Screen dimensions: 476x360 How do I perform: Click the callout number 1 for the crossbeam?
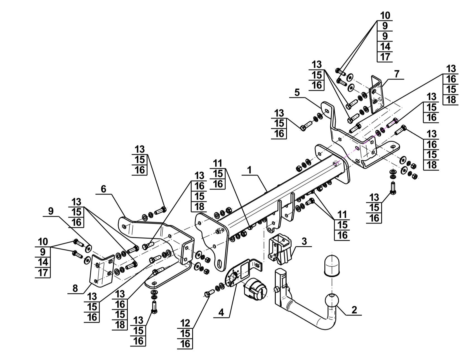click(x=249, y=170)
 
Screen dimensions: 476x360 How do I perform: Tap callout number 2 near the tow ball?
click(x=354, y=310)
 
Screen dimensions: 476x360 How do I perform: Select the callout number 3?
click(x=304, y=241)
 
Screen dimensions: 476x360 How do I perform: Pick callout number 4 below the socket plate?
click(x=221, y=312)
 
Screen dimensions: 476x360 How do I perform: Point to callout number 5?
click(x=297, y=92)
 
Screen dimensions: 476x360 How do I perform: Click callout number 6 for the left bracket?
click(x=103, y=189)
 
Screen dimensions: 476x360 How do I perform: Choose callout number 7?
click(x=397, y=74)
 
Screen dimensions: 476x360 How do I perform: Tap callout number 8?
click(x=75, y=288)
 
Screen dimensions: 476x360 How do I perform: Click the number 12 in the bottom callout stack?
click(x=185, y=323)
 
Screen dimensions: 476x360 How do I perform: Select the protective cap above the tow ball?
click(x=331, y=265)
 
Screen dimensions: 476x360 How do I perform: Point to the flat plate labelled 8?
click(x=102, y=271)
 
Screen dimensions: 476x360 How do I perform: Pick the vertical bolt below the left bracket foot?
click(x=154, y=306)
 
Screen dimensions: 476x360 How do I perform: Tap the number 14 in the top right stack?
click(x=385, y=46)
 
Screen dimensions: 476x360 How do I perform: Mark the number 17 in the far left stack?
click(x=43, y=272)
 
